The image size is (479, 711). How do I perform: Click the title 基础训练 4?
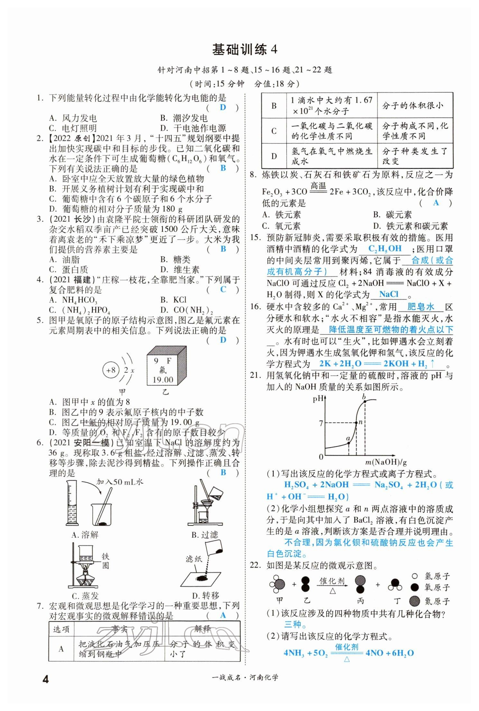[x=244, y=50]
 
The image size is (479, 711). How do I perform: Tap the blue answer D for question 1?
[x=223, y=107]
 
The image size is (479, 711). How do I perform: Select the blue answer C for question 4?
[x=223, y=289]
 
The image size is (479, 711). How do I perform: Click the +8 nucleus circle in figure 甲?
[x=111, y=370]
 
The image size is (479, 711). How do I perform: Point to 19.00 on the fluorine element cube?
[x=163, y=379]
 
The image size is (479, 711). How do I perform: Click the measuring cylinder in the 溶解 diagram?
[x=72, y=503]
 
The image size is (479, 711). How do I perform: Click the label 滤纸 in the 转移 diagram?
[x=194, y=559]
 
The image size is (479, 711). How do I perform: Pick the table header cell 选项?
[x=61, y=629]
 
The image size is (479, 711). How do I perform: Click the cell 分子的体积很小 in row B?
[x=415, y=105]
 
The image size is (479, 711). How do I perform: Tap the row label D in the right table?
[x=274, y=156]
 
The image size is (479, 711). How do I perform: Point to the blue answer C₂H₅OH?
[x=385, y=249]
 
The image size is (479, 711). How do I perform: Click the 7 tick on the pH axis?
[x=321, y=423]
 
